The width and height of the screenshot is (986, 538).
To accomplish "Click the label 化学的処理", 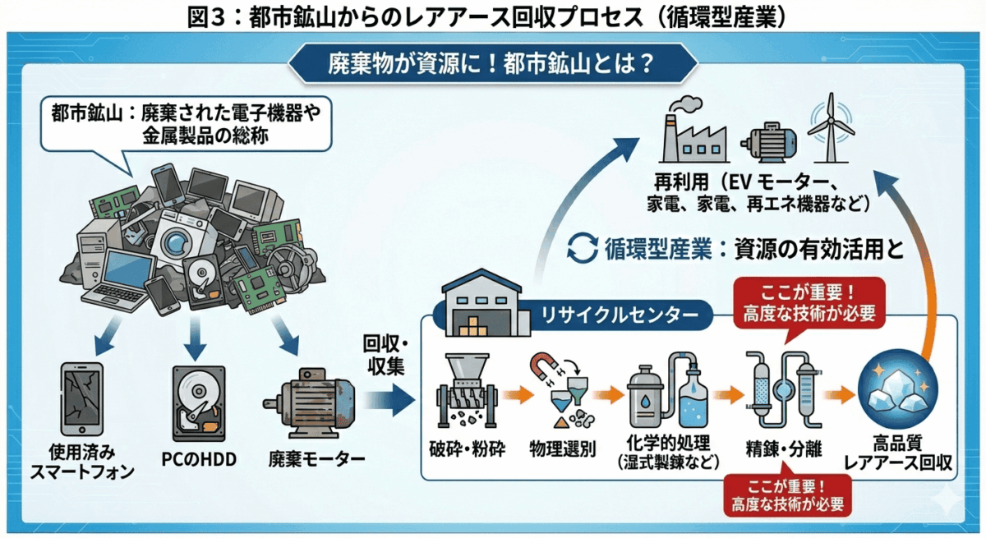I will coord(668,444).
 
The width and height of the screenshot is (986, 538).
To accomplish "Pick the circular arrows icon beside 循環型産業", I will coord(584,248).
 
